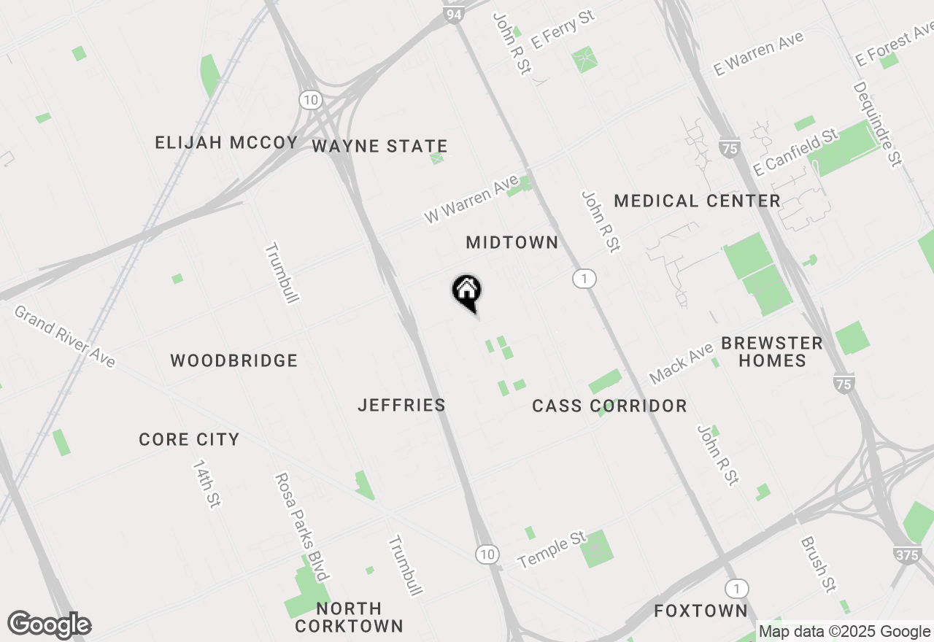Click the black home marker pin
[467, 292]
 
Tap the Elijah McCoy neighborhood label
[226, 142]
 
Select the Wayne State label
[379, 147]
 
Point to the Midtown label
[512, 242]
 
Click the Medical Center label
[697, 201]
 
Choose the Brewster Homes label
[771, 352]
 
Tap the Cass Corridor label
[609, 406]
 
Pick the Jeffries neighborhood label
[401, 405]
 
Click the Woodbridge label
[233, 360]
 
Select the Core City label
[189, 439]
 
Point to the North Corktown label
[349, 617]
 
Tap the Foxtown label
[700, 611]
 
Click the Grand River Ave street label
[64, 336]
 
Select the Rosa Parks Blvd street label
[301, 527]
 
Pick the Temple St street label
[552, 550]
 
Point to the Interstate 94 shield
[454, 12]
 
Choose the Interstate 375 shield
[906, 555]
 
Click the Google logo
[50, 625]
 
